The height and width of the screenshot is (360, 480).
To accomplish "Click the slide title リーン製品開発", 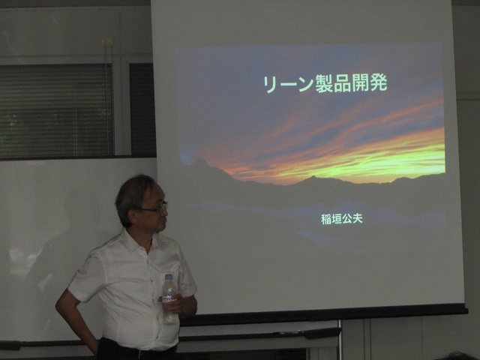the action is coord(325,83).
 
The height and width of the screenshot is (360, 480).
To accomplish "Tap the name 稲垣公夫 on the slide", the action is coord(342,218).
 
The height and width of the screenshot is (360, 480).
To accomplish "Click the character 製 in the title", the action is coord(324,83).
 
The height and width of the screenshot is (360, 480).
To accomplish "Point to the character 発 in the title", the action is coord(379,83).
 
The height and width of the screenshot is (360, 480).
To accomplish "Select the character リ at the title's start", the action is coord(270,84).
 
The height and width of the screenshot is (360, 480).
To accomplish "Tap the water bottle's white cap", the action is coord(169,277).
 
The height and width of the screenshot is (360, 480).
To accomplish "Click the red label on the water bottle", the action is coord(169,298).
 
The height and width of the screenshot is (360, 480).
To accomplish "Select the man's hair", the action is coord(132,196).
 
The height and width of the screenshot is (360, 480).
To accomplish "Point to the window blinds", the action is coord(57,110).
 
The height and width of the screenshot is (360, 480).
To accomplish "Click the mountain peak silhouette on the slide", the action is coord(199,160).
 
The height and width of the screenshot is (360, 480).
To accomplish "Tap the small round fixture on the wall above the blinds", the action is coord(108,40).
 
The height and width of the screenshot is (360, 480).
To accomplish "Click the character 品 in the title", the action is coord(343,83).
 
